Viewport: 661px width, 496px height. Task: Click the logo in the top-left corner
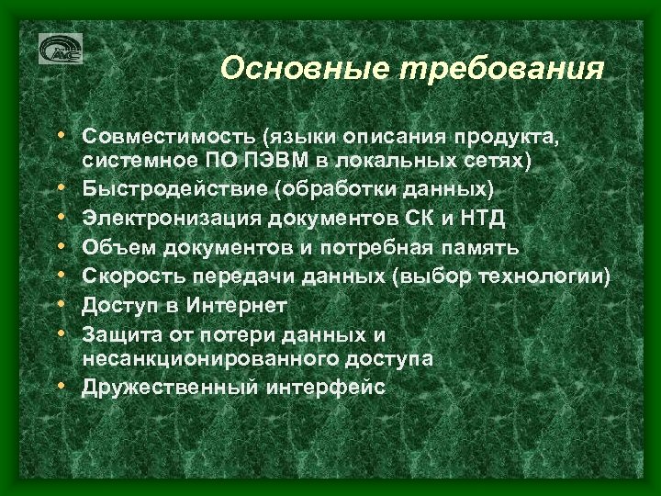pyautogui.click(x=61, y=49)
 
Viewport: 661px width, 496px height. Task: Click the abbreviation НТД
pyautogui.click(x=470, y=218)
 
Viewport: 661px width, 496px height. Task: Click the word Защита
pyautogui.click(x=118, y=332)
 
